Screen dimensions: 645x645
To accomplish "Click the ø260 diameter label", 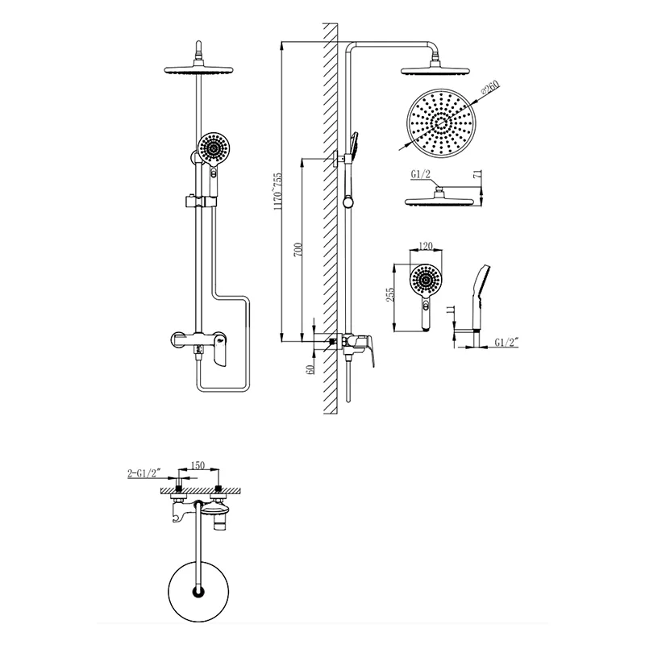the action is [x=489, y=88].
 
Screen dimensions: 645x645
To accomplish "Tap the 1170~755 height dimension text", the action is [x=278, y=192].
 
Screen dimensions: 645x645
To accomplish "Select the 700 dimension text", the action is [x=298, y=250].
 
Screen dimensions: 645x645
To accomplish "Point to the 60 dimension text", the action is [x=310, y=369].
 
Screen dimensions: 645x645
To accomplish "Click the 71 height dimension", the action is [x=477, y=174].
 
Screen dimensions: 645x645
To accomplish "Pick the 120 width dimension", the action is [x=426, y=246].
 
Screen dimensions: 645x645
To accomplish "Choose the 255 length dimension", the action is [x=389, y=294].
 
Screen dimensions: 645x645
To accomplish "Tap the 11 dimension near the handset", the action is [x=450, y=310].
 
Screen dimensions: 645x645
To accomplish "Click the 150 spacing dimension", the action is [x=198, y=465].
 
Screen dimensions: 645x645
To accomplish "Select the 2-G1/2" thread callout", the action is [x=144, y=473].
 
